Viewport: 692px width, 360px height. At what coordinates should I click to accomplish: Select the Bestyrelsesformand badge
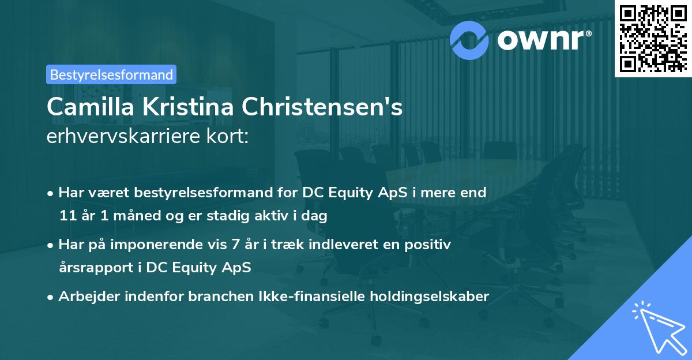pyautogui.click(x=111, y=74)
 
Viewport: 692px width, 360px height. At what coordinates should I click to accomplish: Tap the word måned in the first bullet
pyautogui.click(x=123, y=216)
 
